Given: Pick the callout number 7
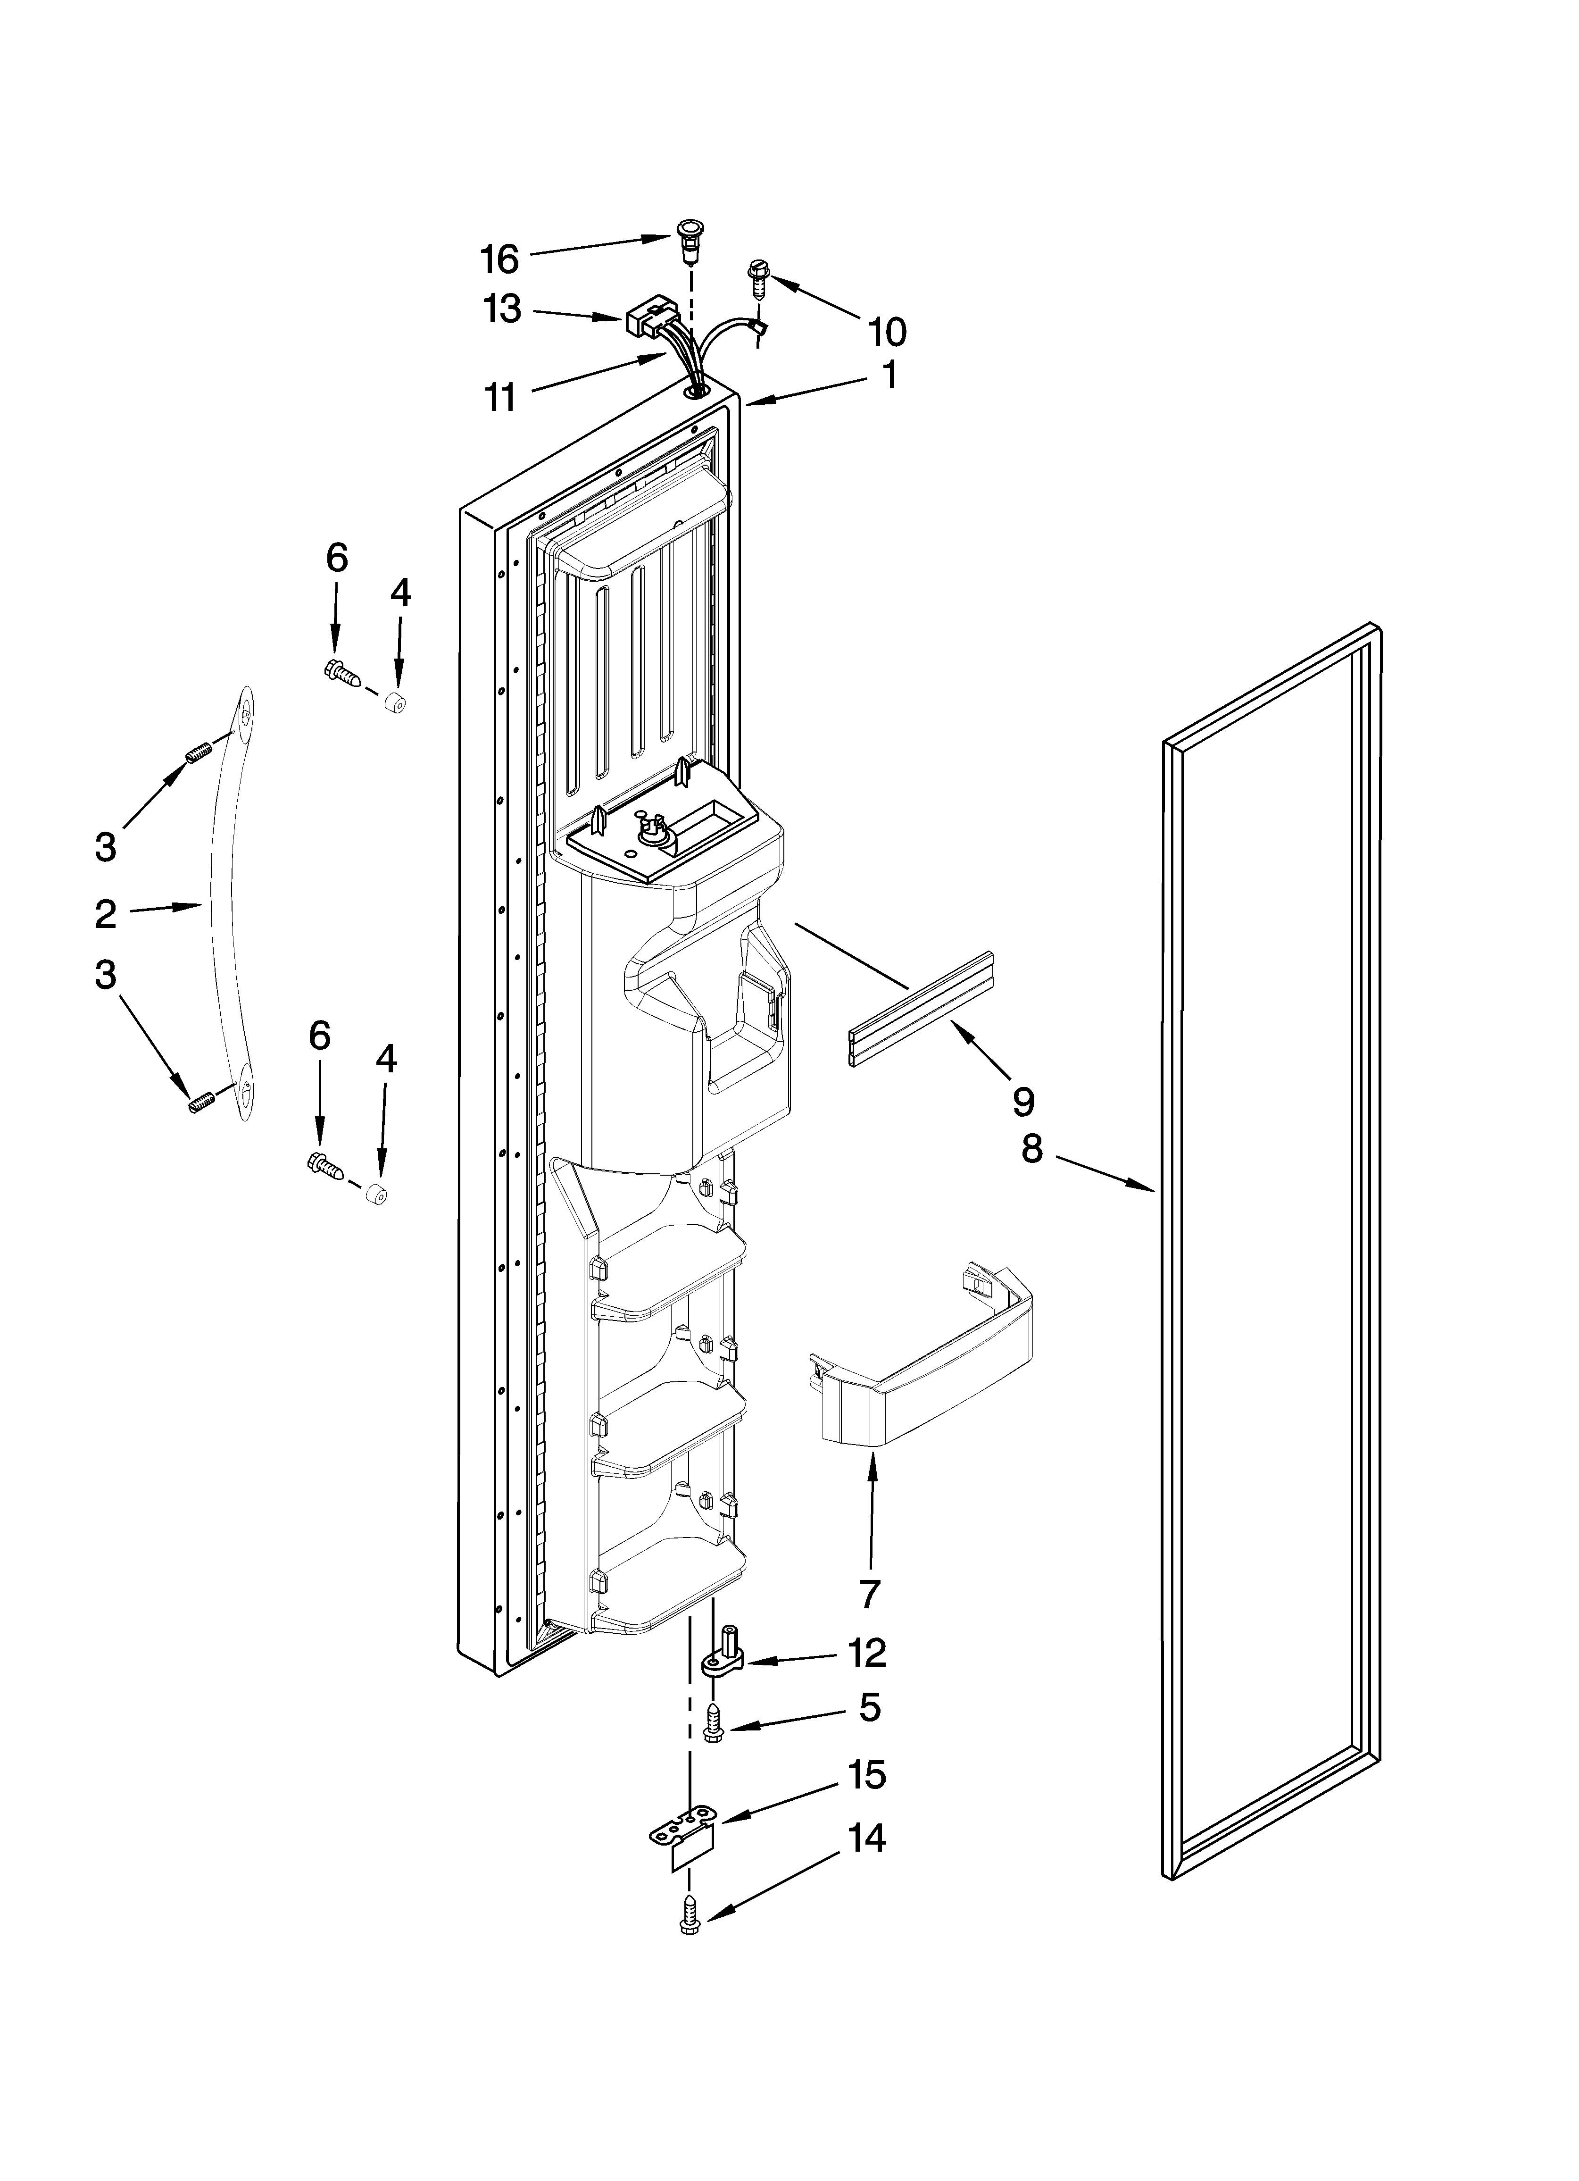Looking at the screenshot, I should click(x=869, y=1595).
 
